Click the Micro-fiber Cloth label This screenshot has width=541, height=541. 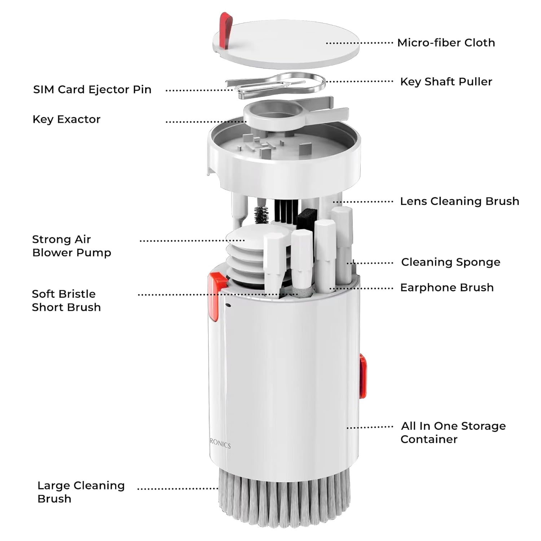[x=446, y=43]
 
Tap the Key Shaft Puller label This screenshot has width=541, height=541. [x=446, y=82]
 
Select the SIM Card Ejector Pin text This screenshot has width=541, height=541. [x=92, y=89]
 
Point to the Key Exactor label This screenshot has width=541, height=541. [x=66, y=119]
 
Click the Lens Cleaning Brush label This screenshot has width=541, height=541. [x=459, y=201]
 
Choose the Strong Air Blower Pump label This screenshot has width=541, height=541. [x=71, y=246]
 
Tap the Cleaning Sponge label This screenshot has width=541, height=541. [x=450, y=262]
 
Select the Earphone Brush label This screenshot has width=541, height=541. [x=447, y=287]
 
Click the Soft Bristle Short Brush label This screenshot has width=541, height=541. [x=66, y=300]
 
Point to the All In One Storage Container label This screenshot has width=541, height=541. [x=453, y=432]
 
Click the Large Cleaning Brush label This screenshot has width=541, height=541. [x=81, y=492]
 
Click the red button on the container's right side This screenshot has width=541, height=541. [x=363, y=376]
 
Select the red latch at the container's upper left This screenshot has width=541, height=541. [x=214, y=297]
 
